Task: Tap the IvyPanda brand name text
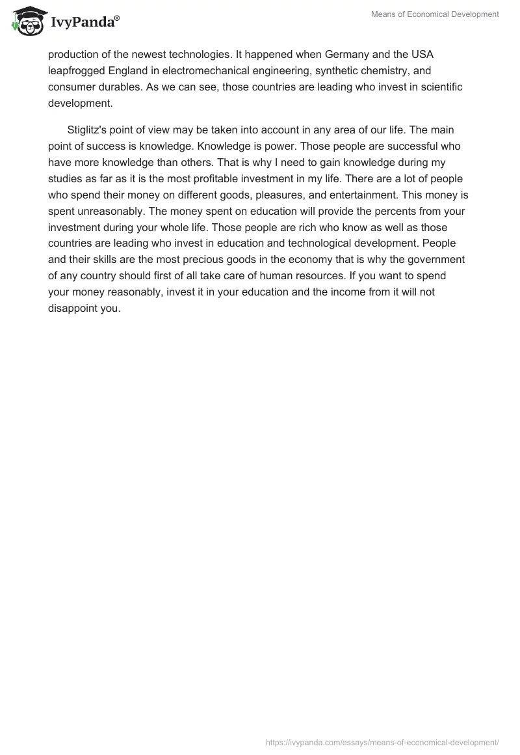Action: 84,23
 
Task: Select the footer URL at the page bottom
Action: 382,742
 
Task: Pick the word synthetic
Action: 340,70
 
